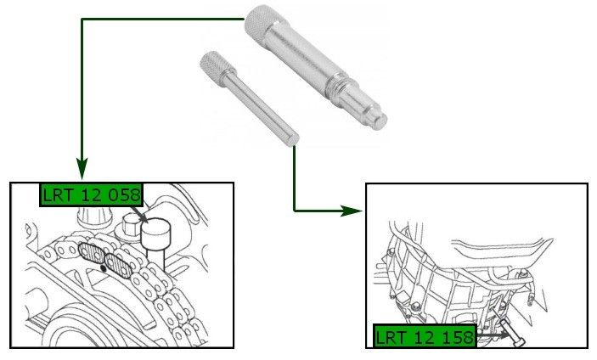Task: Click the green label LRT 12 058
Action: point(92,194)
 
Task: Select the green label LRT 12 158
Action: point(425,336)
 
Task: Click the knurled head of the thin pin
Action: point(217,65)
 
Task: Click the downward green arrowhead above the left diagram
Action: point(82,168)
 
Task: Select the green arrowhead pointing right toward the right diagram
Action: point(351,211)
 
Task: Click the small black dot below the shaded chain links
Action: point(103,268)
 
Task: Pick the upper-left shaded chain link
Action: point(92,253)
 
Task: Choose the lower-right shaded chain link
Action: point(118,265)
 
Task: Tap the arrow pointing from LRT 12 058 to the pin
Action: point(139,214)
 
